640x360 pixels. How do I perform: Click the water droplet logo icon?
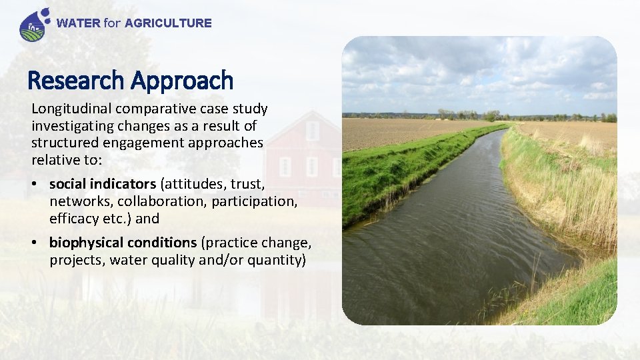33,25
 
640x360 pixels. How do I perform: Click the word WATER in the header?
79,23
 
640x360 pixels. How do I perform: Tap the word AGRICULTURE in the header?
168,23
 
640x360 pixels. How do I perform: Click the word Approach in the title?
182,81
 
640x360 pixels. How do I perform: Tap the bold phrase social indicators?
102,184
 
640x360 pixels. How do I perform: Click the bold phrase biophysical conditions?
123,243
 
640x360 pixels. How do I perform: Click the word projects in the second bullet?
75,260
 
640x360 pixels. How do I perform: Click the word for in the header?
112,23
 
